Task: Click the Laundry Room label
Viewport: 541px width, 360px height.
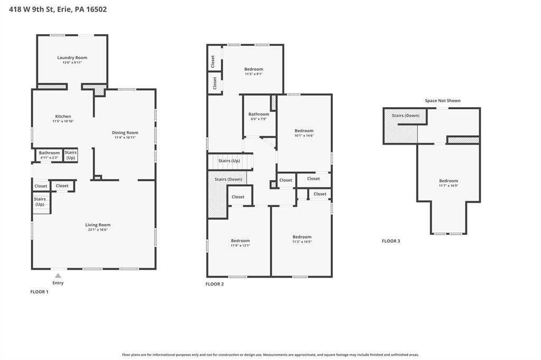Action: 72,58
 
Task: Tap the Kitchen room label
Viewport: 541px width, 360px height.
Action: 63,117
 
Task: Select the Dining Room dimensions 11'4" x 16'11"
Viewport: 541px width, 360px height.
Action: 125,138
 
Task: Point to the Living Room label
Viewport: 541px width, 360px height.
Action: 98,225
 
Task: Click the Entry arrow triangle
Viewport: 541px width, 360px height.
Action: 58,276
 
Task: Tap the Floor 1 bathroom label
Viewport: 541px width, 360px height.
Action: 49,153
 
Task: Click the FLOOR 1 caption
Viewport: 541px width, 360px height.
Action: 39,292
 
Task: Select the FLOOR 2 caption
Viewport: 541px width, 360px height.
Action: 214,284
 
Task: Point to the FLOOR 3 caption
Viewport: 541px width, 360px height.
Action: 391,241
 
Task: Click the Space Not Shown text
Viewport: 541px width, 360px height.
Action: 443,101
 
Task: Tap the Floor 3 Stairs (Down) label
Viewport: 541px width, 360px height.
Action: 406,116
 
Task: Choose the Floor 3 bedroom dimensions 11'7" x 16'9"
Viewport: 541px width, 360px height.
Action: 449,186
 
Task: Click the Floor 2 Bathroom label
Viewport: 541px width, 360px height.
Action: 259,114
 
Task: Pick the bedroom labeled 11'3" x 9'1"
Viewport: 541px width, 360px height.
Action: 254,69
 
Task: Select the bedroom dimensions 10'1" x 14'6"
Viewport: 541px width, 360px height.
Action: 304,136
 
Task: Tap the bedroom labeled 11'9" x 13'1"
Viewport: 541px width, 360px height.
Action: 240,241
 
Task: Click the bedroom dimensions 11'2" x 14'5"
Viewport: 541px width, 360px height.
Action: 302,242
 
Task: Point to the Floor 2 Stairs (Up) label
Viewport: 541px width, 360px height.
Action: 229,160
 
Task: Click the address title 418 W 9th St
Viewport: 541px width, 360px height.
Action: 31,10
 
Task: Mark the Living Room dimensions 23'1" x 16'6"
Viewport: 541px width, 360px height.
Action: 98,230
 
